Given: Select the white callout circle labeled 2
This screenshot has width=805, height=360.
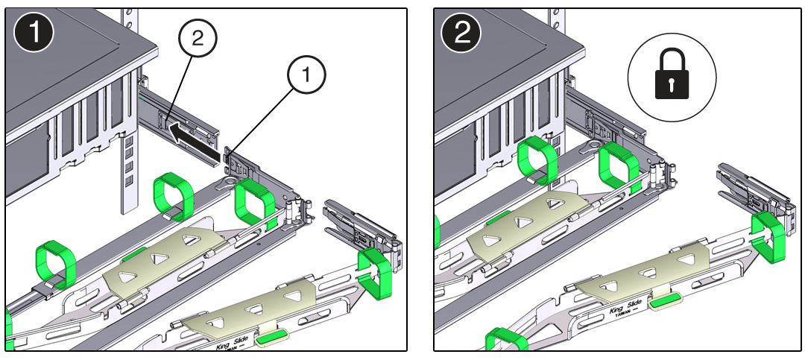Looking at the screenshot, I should (197, 41).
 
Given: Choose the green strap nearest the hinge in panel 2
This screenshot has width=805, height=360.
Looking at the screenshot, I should (619, 167).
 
